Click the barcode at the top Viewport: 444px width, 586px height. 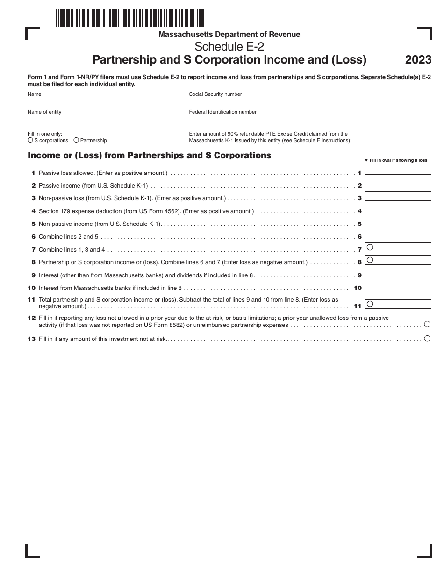point(130,18)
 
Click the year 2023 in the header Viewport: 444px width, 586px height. point(418,60)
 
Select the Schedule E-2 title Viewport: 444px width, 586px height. point(229,47)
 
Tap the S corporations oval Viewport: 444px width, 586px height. point(30,140)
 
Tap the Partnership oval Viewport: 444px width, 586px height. point(76,140)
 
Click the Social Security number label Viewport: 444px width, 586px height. point(215,94)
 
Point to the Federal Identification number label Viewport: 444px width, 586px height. point(222,112)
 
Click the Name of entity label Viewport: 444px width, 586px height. point(44,112)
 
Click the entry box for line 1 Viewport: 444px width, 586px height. point(398,171)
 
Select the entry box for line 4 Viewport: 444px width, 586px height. point(398,209)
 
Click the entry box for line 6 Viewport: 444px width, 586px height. point(398,235)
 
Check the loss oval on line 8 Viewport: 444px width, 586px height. point(370,260)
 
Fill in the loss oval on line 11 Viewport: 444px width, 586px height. point(370,304)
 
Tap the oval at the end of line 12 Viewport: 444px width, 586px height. point(427,324)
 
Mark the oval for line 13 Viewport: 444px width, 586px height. point(427,339)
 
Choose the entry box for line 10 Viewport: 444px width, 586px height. point(398,286)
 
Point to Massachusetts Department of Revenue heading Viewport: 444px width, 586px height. point(229,34)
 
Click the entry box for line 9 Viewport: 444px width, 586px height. point(398,273)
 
